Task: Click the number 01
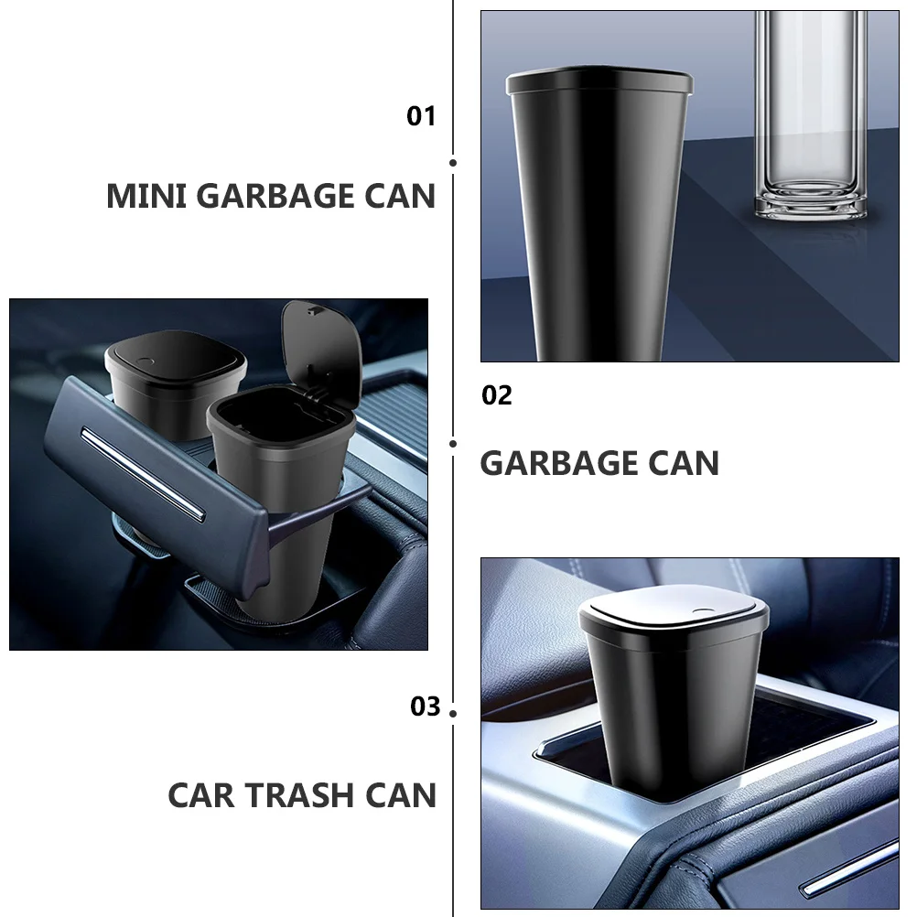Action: (x=421, y=116)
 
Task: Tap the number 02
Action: (x=497, y=395)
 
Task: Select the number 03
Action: (x=426, y=707)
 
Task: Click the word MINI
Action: (x=146, y=196)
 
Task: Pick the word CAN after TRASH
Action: (x=401, y=794)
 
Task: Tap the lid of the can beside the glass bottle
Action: (x=599, y=81)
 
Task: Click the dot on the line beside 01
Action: (x=453, y=163)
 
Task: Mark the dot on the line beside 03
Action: (x=453, y=713)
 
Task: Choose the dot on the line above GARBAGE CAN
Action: (x=453, y=444)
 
